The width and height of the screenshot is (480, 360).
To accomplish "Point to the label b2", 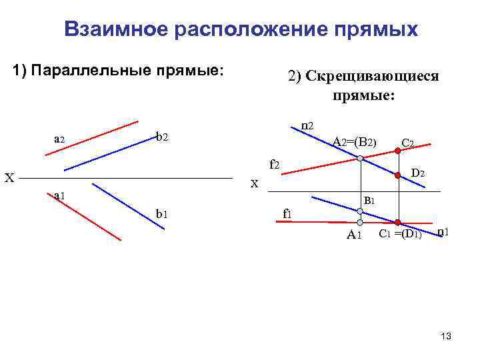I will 162,138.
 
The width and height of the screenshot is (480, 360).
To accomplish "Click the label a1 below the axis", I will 59,195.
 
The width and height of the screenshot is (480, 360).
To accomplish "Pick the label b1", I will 161,213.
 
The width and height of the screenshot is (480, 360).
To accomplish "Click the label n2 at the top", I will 307,125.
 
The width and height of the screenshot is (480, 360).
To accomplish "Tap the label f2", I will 274,164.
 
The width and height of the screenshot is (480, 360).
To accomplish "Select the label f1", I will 287,213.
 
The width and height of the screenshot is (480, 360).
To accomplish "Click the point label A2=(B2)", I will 355,141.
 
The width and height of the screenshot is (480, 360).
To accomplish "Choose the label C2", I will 409,143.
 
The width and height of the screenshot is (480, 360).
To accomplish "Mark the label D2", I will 419,173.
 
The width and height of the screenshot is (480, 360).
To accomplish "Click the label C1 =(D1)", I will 400,233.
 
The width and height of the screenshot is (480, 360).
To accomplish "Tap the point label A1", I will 354,234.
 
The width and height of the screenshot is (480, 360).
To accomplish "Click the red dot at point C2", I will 399,152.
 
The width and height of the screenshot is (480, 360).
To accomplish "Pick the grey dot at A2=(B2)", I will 360,159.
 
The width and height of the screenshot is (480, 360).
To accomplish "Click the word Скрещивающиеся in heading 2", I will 363,76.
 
